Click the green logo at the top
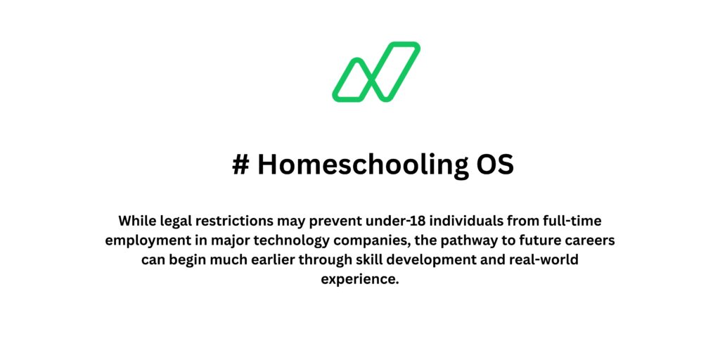pyautogui.click(x=376, y=72)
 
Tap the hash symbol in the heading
pyautogui.click(x=241, y=165)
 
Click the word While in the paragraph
pyautogui.click(x=136, y=220)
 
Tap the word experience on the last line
pyautogui.click(x=359, y=279)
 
